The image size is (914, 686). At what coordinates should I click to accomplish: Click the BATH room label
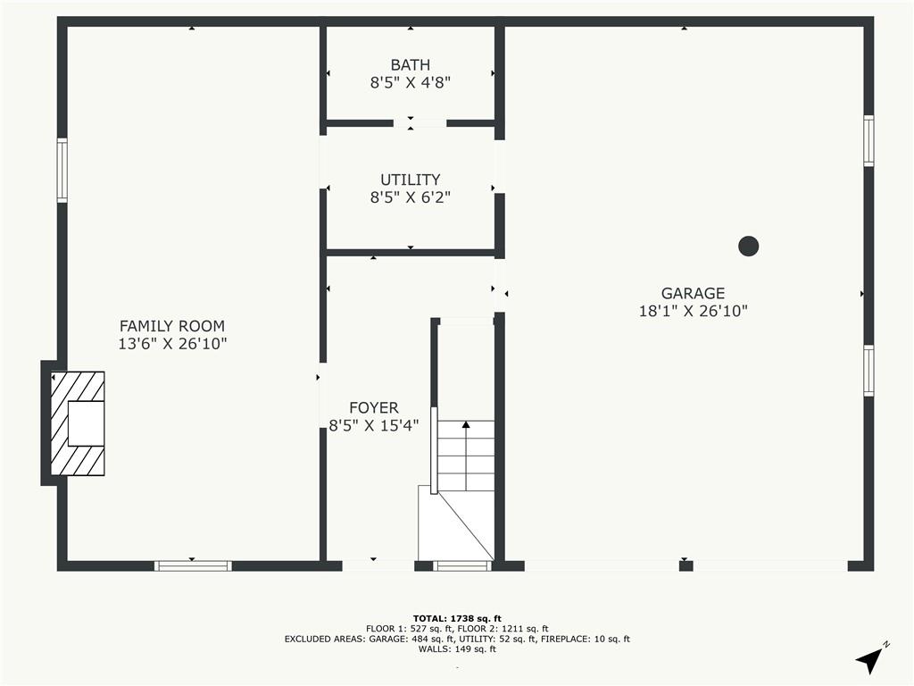pyautogui.click(x=411, y=64)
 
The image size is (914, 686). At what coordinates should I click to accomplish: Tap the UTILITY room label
pyautogui.click(x=411, y=180)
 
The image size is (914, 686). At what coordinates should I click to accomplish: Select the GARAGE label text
pyautogui.click(x=693, y=293)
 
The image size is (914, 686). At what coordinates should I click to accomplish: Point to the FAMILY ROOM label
pyautogui.click(x=172, y=326)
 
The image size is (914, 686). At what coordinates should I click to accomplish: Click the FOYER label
pyautogui.click(x=374, y=407)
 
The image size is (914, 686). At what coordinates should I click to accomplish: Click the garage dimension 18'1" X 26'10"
pyautogui.click(x=693, y=311)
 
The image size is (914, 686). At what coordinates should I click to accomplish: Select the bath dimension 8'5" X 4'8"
pyautogui.click(x=411, y=82)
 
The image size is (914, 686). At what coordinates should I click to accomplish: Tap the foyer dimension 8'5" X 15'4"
pyautogui.click(x=374, y=425)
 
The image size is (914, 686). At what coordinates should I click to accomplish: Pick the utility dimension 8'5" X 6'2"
pyautogui.click(x=411, y=197)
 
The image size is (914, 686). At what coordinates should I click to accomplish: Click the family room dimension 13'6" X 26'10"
pyautogui.click(x=172, y=344)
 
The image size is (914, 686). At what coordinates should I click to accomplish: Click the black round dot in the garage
pyautogui.click(x=749, y=247)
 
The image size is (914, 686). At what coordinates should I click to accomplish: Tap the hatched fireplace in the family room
pyautogui.click(x=78, y=423)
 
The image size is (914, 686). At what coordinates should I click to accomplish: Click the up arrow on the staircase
pyautogui.click(x=466, y=455)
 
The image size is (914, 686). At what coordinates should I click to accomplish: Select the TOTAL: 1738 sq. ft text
pyautogui.click(x=457, y=618)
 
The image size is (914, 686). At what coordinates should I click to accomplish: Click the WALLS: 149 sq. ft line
pyautogui.click(x=457, y=648)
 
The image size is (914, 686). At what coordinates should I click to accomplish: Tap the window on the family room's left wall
pyautogui.click(x=62, y=171)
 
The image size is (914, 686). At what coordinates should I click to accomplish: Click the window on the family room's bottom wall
pyautogui.click(x=193, y=565)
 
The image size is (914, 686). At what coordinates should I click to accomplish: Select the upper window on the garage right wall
pyautogui.click(x=868, y=140)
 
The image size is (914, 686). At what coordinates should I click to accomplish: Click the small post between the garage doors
pyautogui.click(x=686, y=565)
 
